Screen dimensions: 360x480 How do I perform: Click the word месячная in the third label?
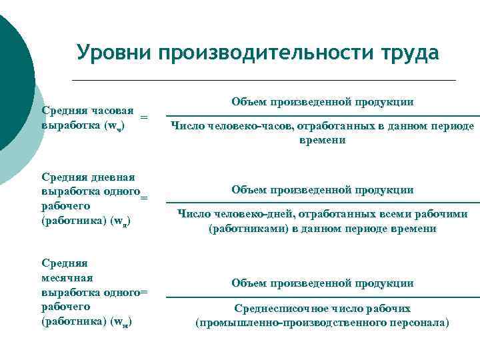pos(67,277)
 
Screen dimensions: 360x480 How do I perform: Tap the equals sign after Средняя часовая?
pos(144,117)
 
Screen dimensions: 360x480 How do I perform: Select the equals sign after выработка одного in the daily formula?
pos(144,197)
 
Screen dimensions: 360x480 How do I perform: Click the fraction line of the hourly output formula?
pos(323,115)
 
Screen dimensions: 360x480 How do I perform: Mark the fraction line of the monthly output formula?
pos(323,297)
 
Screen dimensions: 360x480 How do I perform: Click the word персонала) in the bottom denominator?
pos(418,323)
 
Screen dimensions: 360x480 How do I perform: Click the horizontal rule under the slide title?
pos(263,80)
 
